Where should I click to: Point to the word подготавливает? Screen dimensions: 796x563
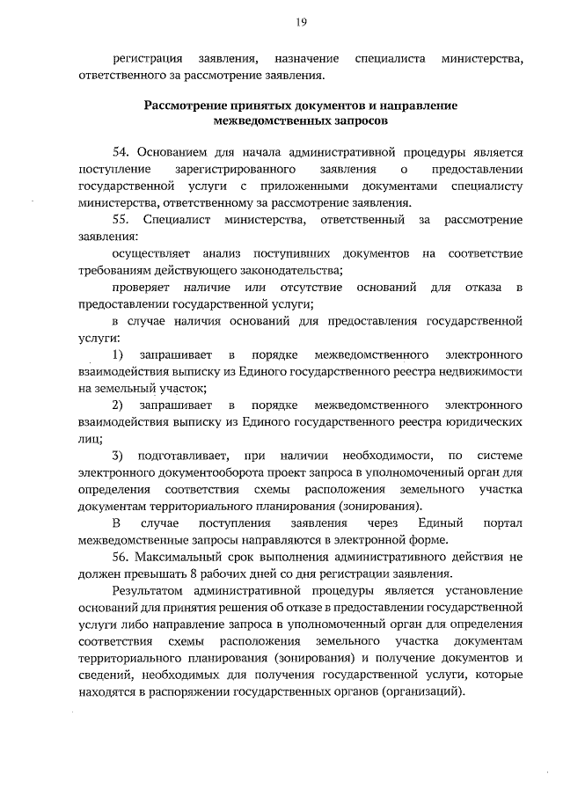[x=183, y=456]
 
